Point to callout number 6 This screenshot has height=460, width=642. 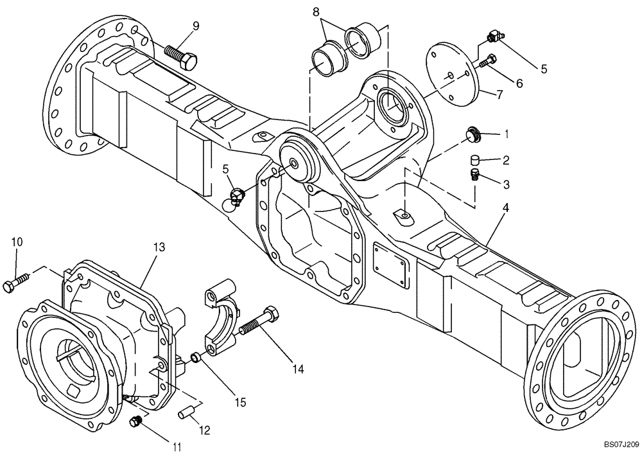(x=519, y=83)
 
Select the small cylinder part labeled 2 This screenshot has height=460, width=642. (x=474, y=159)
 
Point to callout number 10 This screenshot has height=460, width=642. (x=17, y=242)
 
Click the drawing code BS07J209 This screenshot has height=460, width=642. (x=621, y=444)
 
